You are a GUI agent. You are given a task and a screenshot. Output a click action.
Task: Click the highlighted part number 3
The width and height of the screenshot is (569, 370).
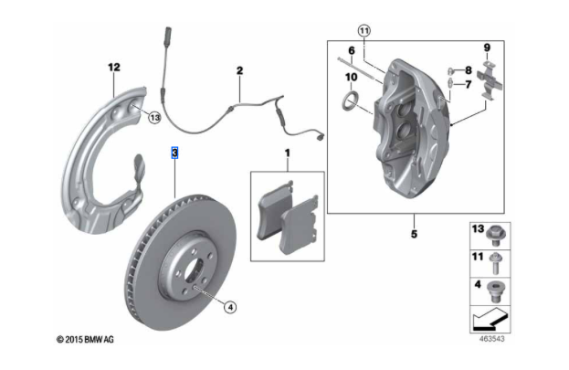tap(174, 153)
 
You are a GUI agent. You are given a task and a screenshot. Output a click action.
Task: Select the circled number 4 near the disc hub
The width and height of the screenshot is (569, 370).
tap(230, 307)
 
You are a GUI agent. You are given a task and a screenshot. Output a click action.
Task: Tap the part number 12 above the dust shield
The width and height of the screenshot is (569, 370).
tap(113, 67)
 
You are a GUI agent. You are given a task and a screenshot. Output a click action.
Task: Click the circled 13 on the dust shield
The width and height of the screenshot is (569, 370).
tap(153, 117)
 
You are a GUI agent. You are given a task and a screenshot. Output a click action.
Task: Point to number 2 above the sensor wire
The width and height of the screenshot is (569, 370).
tap(239, 70)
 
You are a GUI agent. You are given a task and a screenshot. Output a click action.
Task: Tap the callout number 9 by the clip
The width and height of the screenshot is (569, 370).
tap(487, 48)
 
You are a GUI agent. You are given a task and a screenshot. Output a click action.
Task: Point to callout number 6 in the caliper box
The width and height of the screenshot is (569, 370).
tap(350, 50)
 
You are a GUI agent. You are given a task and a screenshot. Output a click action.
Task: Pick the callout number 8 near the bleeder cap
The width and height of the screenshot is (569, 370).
tap(469, 70)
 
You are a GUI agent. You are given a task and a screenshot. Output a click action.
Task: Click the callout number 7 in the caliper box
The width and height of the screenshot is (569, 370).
tap(469, 85)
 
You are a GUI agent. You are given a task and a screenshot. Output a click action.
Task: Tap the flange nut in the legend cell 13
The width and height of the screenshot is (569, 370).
tap(496, 237)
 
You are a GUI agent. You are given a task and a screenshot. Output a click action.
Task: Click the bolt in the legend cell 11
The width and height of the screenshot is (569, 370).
tap(496, 265)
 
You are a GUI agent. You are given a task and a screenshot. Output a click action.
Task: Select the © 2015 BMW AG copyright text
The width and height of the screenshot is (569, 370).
tap(86, 340)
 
